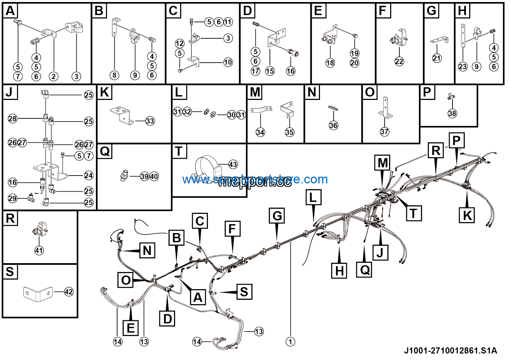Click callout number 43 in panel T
(233, 165)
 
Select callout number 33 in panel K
(150, 121)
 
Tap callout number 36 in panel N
(333, 125)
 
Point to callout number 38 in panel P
(452, 113)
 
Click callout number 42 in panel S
(69, 292)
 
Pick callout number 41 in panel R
(39, 250)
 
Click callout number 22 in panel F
(399, 61)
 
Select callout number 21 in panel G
(436, 58)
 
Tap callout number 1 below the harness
(290, 341)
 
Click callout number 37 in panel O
(384, 131)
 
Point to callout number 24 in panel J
(89, 176)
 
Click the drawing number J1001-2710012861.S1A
(450, 350)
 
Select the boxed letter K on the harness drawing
(467, 216)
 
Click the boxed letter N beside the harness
(147, 250)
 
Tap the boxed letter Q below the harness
(364, 270)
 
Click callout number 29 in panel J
(13, 198)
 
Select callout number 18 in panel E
(330, 63)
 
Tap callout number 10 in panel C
(228, 62)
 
